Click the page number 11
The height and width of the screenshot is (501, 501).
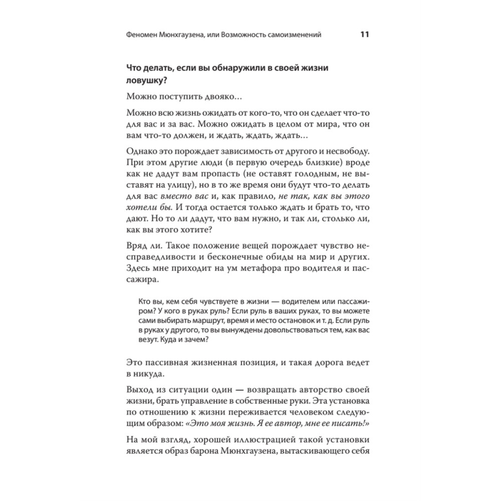coord(364,35)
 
